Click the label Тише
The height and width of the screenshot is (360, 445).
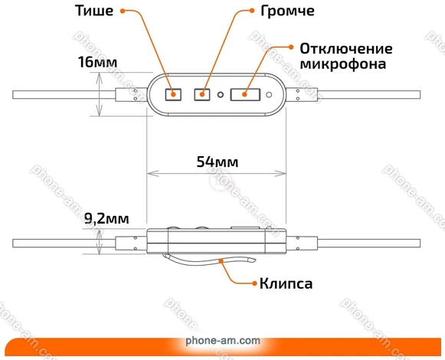point(94,11)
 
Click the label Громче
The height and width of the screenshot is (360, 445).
point(287,11)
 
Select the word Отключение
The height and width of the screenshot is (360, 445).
point(346,49)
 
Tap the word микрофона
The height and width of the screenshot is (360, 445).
point(343,64)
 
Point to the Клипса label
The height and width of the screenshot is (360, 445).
point(286,283)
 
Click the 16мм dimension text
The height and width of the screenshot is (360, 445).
point(97,62)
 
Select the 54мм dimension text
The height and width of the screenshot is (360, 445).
point(218,162)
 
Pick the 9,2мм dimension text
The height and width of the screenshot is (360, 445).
point(106,218)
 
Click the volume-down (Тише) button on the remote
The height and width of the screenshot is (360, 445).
point(173,94)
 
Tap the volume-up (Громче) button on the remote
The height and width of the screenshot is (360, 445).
point(202,94)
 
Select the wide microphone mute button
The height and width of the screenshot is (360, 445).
point(245,94)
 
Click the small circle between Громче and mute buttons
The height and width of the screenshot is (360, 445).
point(221,94)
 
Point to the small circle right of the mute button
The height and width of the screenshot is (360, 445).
point(269,94)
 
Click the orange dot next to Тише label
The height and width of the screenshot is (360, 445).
point(123,11)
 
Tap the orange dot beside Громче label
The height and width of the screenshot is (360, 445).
point(252,11)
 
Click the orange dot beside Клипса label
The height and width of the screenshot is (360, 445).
point(254,283)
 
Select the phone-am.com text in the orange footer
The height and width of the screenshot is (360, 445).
point(223,340)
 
